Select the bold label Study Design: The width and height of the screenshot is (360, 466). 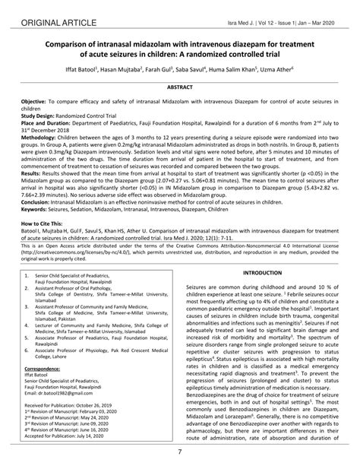click(x=45, y=115)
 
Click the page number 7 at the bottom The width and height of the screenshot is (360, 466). click(x=179, y=454)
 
